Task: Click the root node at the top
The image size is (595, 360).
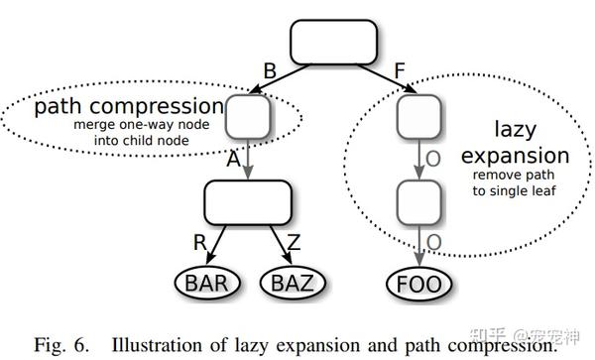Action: click(x=333, y=42)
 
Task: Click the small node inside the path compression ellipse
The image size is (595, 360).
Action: click(x=248, y=118)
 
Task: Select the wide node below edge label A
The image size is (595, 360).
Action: click(x=248, y=202)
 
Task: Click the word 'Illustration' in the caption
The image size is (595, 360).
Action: click(x=158, y=344)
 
